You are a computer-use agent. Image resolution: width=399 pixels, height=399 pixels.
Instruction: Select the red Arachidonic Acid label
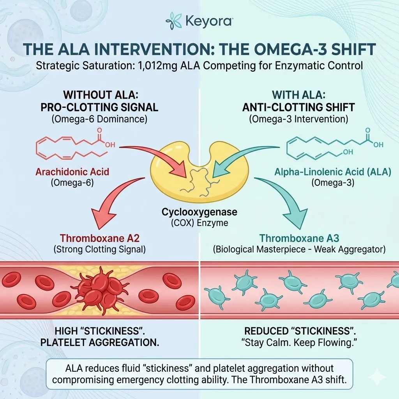click(x=72, y=172)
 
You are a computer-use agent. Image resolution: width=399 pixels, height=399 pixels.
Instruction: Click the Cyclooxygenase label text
click(x=199, y=213)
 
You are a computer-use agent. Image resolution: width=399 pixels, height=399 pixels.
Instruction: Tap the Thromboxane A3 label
click(x=299, y=238)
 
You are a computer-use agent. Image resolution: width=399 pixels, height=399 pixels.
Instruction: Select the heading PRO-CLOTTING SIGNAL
click(x=99, y=108)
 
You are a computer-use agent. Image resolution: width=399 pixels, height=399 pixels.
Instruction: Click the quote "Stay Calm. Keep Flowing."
click(x=299, y=343)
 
